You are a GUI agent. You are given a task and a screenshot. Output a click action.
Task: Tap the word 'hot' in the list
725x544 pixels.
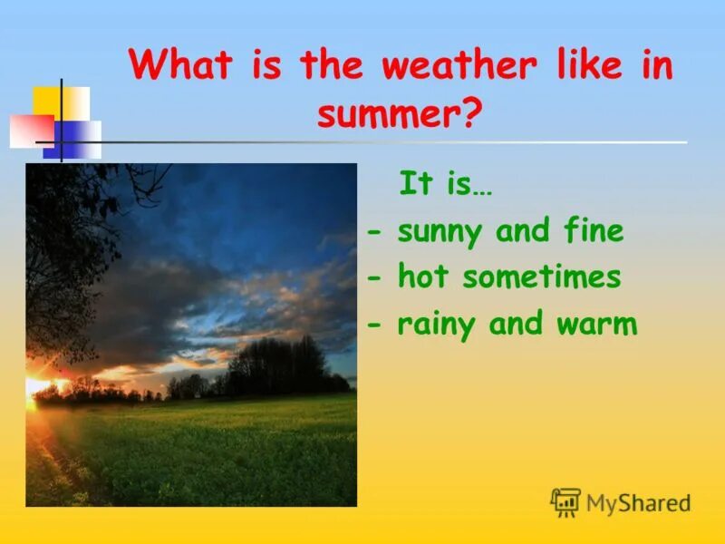[423, 277]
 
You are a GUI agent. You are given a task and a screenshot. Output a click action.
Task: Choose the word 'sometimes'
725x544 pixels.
[541, 277]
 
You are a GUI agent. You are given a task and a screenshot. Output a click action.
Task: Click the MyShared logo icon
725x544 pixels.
[565, 502]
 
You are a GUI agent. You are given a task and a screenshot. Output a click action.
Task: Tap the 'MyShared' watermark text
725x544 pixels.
[638, 503]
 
